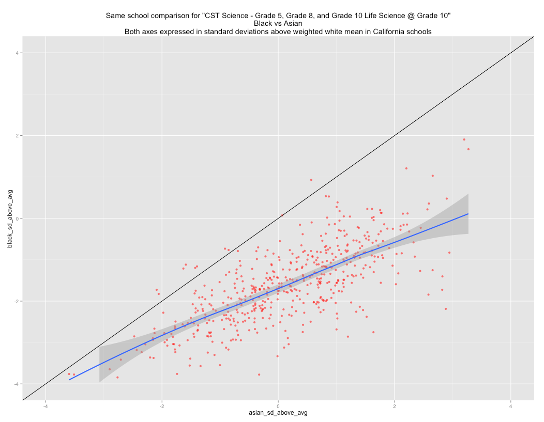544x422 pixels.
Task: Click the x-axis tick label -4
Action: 45,406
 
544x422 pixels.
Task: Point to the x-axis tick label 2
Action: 395,406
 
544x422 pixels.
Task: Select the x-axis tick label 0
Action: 278,406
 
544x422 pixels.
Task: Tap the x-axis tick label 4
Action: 511,406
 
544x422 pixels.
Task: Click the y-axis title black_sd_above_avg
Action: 10,218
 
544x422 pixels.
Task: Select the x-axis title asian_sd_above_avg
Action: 278,413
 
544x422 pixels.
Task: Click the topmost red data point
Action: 464,139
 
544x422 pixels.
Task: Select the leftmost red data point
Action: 69,374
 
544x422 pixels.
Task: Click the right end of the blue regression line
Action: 469,214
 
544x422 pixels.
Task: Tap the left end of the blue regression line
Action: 69,380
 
